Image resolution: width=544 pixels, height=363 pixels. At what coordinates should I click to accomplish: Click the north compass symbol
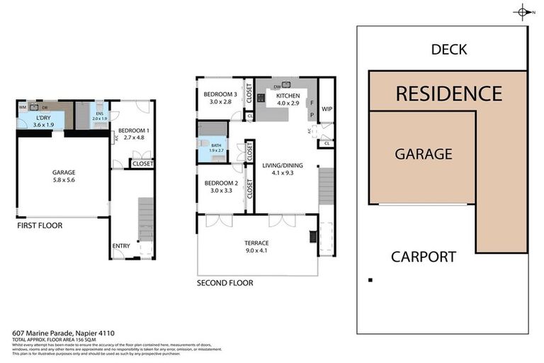(523, 12)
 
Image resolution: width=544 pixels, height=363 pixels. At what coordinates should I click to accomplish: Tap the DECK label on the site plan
(449, 50)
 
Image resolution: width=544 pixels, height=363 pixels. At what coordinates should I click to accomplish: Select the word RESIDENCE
(448, 94)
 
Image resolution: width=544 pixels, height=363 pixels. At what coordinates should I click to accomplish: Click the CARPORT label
(424, 257)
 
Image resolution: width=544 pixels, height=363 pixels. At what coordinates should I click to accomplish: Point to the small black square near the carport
(370, 280)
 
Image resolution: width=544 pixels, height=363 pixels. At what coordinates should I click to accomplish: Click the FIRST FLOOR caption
(40, 225)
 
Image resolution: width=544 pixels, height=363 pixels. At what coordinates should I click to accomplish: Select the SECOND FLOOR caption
(225, 283)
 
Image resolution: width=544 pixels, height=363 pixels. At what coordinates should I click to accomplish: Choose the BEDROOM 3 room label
(220, 95)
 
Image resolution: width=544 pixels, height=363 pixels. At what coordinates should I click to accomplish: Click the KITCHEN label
(283, 96)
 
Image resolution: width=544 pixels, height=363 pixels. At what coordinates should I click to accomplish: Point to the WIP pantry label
(327, 109)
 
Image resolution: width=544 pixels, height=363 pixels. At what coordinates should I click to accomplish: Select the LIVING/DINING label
(283, 166)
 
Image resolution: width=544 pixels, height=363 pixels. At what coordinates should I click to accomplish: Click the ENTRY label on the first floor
(120, 246)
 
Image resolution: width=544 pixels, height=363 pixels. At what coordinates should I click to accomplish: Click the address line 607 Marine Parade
(64, 332)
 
